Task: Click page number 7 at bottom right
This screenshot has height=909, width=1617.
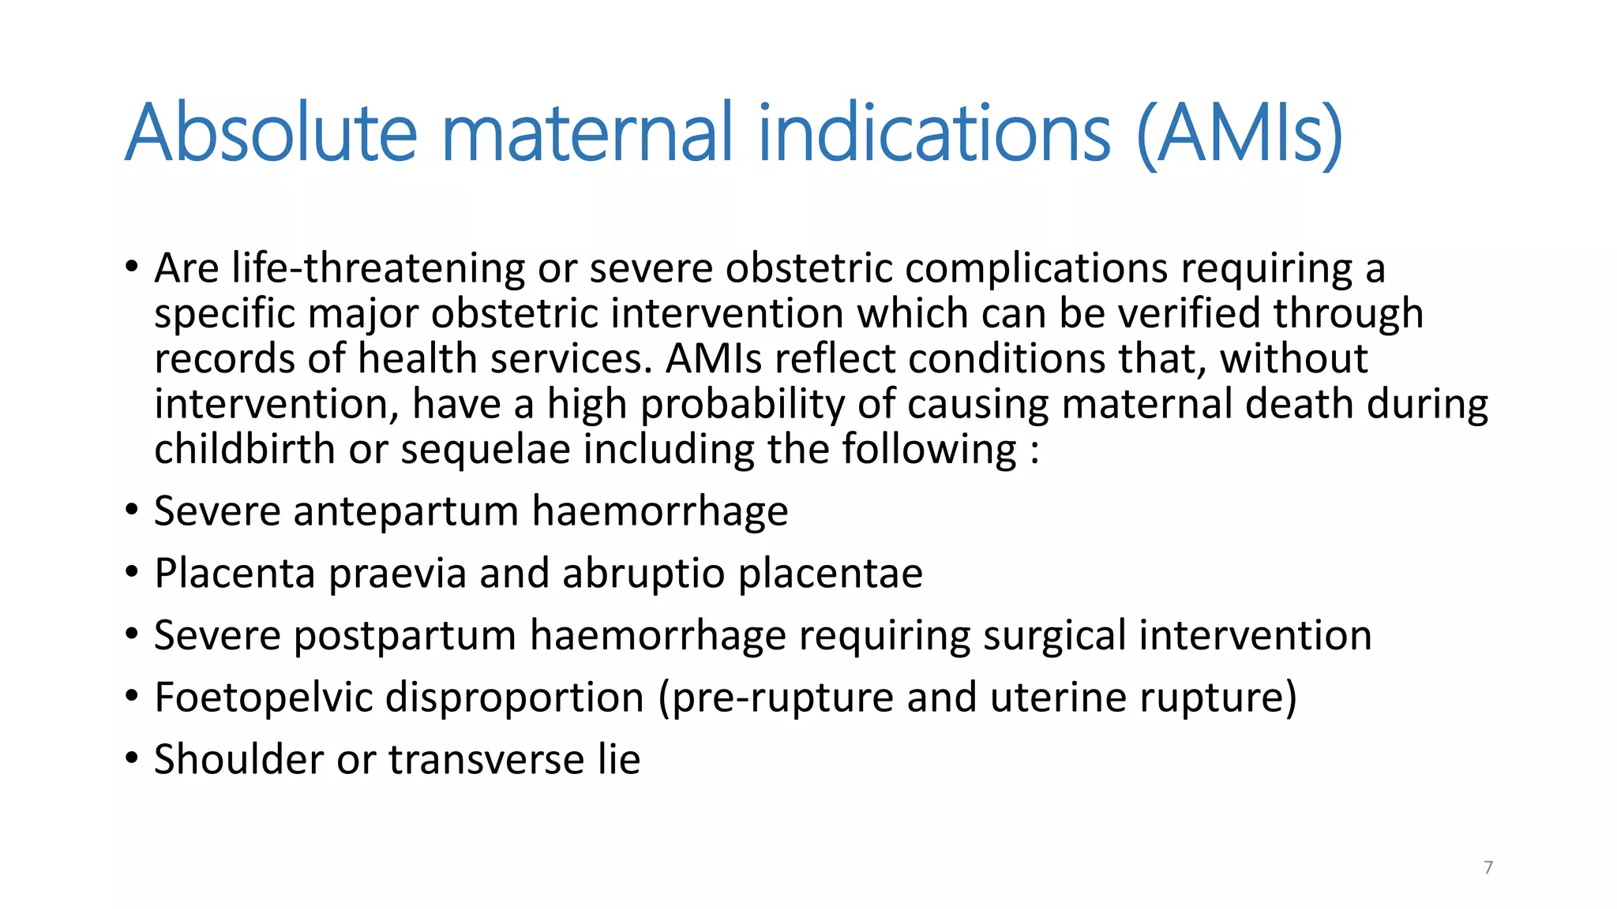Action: click(x=1488, y=867)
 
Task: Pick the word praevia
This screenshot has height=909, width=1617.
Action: click(x=397, y=574)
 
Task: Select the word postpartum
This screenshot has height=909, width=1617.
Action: click(x=404, y=636)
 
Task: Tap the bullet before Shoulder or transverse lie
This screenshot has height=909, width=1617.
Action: click(x=132, y=760)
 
